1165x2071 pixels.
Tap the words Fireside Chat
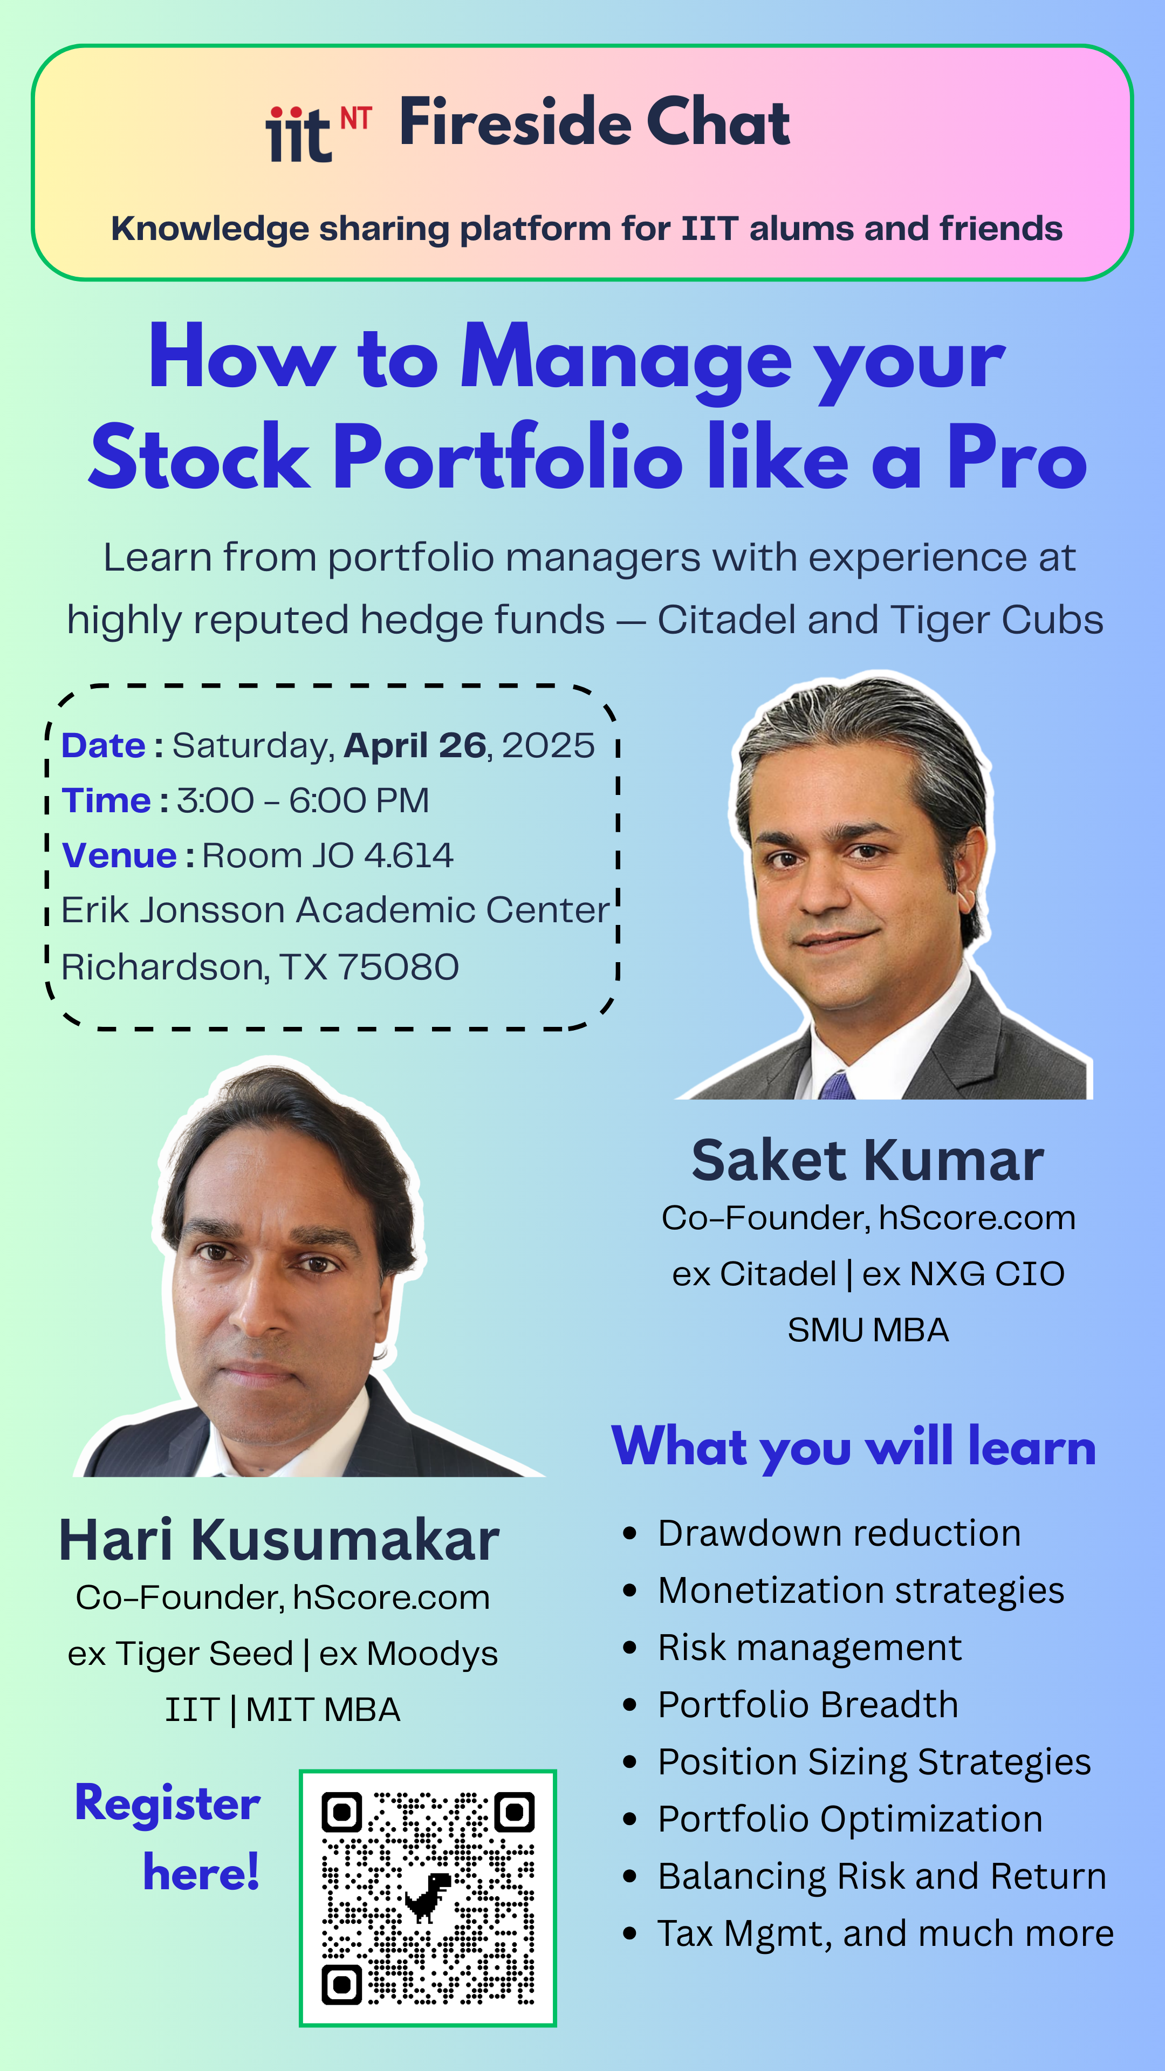click(x=595, y=122)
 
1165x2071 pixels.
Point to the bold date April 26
click(x=415, y=746)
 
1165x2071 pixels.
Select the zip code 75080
click(x=398, y=967)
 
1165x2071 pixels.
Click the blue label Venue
click(x=119, y=855)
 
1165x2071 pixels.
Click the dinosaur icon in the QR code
click(x=428, y=1897)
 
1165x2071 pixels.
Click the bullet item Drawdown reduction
click(x=839, y=1533)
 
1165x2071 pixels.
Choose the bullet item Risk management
click(x=810, y=1647)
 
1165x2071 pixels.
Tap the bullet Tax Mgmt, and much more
click(x=885, y=1933)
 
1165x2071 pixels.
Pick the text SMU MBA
click(x=868, y=1330)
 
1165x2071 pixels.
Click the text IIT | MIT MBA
click(x=282, y=1709)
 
